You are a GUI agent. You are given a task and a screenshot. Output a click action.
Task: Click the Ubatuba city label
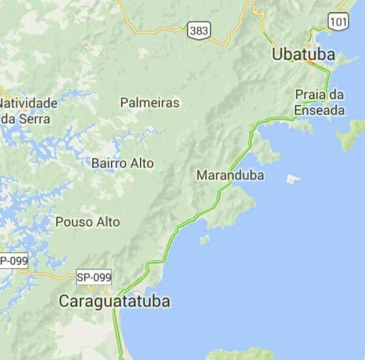[x=303, y=54]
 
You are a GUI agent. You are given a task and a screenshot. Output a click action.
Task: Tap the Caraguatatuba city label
[x=114, y=301]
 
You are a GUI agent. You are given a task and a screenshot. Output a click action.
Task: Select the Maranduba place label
[x=230, y=175]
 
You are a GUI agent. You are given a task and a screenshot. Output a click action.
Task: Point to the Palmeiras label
[x=150, y=103]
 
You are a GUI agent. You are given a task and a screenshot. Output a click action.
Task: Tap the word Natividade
[x=29, y=103]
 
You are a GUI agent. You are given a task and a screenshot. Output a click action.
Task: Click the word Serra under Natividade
[x=33, y=118]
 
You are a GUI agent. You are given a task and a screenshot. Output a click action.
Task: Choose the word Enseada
[x=320, y=111]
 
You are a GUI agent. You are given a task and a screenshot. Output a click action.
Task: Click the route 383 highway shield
[x=198, y=30]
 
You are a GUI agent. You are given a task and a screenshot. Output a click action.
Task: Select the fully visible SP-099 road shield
[x=94, y=277]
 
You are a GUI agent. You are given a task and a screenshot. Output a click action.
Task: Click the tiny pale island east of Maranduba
[x=293, y=179]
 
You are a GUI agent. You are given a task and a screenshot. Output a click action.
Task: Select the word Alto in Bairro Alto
[x=142, y=163]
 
